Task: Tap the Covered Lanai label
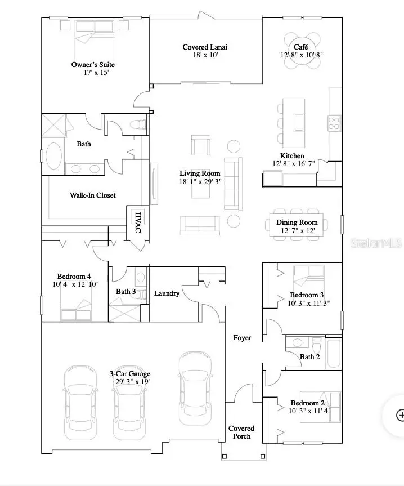[205, 47]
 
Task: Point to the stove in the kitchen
[334, 122]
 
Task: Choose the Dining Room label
[297, 222]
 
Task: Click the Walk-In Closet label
[93, 195]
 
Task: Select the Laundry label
[167, 293]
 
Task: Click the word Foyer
[243, 338]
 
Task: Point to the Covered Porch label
[241, 433]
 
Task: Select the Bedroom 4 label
[74, 276]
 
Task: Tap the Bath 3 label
[126, 292]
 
